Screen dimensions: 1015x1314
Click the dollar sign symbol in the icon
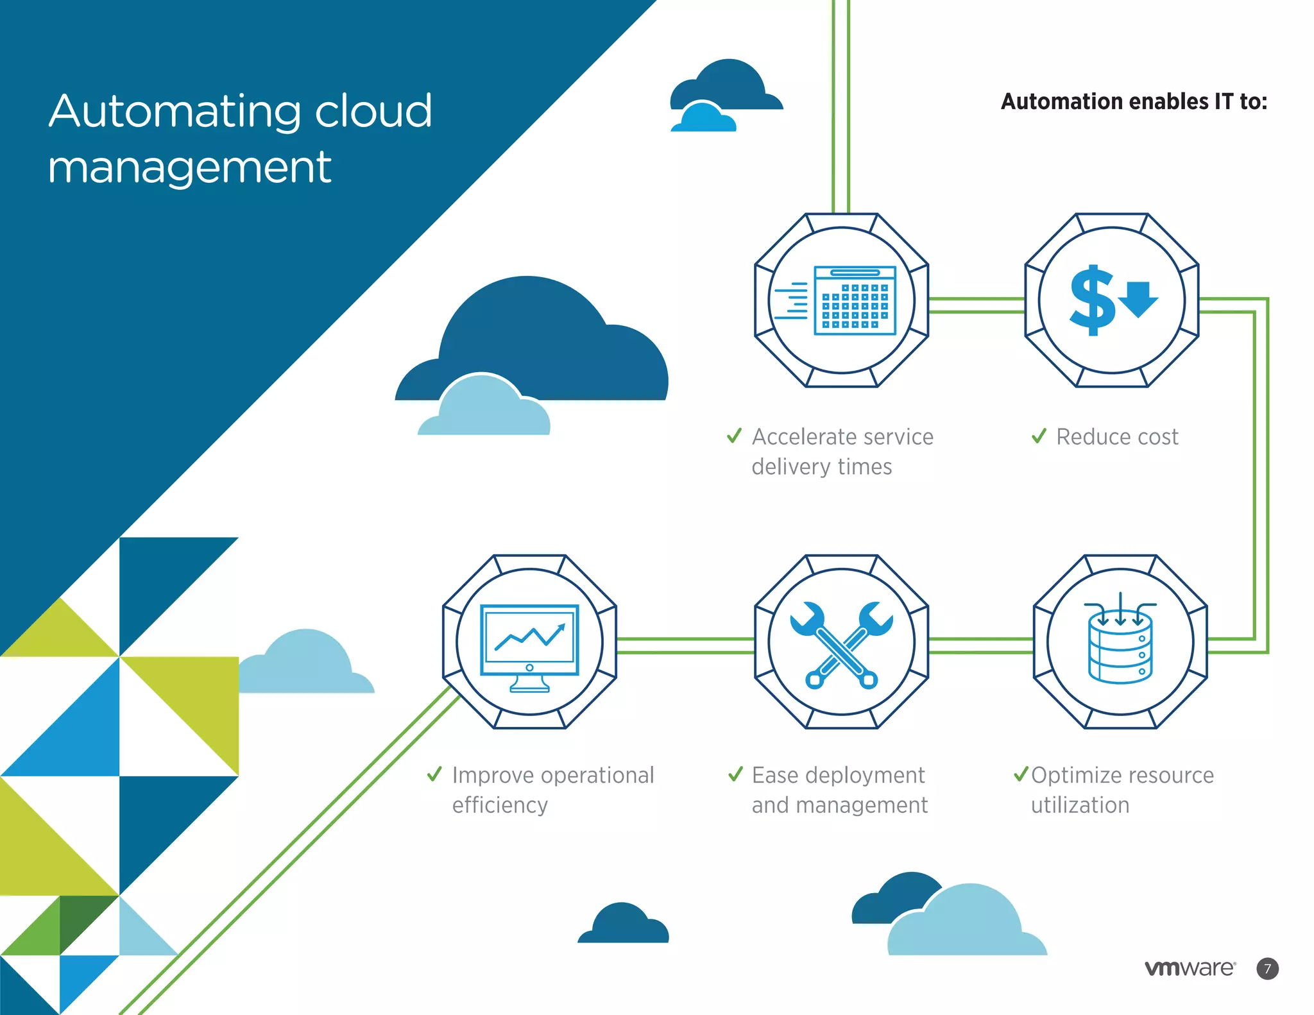(1091, 300)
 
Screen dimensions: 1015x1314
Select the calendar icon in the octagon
(855, 300)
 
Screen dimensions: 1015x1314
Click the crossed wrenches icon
(841, 644)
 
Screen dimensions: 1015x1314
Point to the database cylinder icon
(1120, 647)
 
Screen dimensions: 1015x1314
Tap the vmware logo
(1190, 968)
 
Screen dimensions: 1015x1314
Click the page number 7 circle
(1267, 968)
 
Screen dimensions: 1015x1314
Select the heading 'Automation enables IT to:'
(1134, 101)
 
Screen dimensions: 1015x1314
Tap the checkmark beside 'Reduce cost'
(1039, 436)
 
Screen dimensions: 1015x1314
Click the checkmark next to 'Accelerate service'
(734, 436)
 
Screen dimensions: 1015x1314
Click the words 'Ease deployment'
(837, 775)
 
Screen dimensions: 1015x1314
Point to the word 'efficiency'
(500, 805)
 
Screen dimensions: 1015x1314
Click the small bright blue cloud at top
(703, 119)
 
